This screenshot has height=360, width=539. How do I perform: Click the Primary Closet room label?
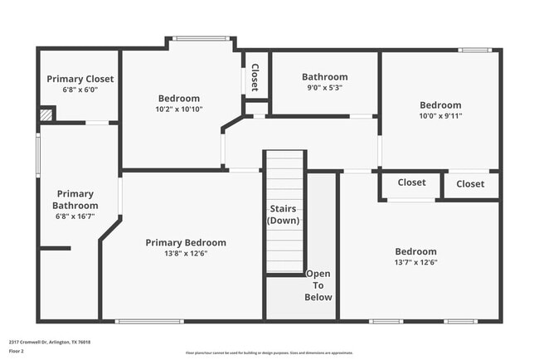80,79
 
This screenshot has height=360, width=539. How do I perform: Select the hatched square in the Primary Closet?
48,115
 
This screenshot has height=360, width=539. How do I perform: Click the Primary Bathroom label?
75,199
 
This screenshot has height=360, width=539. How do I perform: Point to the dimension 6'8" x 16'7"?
75,216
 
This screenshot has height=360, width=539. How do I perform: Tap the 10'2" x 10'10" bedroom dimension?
180,109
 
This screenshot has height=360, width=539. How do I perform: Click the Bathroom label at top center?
324,77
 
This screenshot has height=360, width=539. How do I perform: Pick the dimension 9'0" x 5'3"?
324,87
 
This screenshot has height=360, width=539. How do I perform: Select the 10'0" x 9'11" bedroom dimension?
440,116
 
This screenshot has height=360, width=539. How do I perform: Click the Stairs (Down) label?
283,214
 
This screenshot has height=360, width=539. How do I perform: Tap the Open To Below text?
318,285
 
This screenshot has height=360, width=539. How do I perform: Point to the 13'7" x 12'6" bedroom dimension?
415,262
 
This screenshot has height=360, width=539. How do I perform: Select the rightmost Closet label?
470,184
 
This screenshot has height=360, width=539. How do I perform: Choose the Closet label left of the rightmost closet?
411,182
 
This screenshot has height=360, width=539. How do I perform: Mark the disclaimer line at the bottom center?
269,353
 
